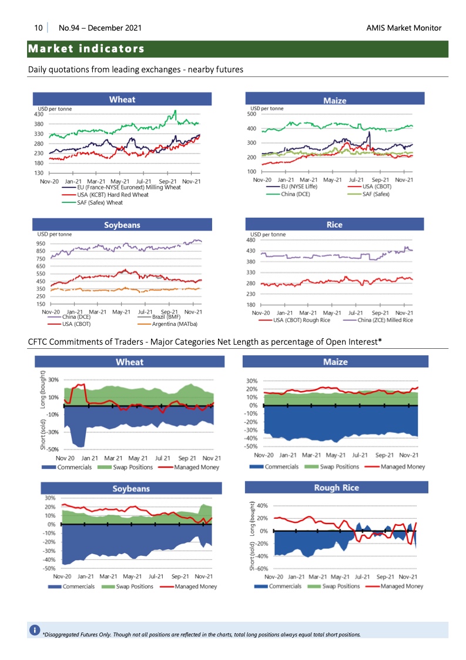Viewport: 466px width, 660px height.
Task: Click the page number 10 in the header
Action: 38,28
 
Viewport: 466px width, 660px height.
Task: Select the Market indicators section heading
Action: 86,48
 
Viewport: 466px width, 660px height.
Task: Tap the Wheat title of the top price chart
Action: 122,99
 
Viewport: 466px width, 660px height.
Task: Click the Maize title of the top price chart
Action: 334,101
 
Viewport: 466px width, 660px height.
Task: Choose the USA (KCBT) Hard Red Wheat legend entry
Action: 113,195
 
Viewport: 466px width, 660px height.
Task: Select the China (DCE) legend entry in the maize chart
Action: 296,194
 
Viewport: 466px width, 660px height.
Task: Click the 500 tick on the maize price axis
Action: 251,114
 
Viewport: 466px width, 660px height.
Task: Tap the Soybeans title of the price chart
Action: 122,225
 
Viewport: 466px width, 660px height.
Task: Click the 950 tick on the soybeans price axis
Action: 41,244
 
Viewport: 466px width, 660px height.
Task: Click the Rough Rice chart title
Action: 336,488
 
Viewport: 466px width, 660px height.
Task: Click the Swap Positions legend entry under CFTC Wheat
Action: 131,467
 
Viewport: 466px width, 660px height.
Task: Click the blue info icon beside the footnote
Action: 35,631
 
